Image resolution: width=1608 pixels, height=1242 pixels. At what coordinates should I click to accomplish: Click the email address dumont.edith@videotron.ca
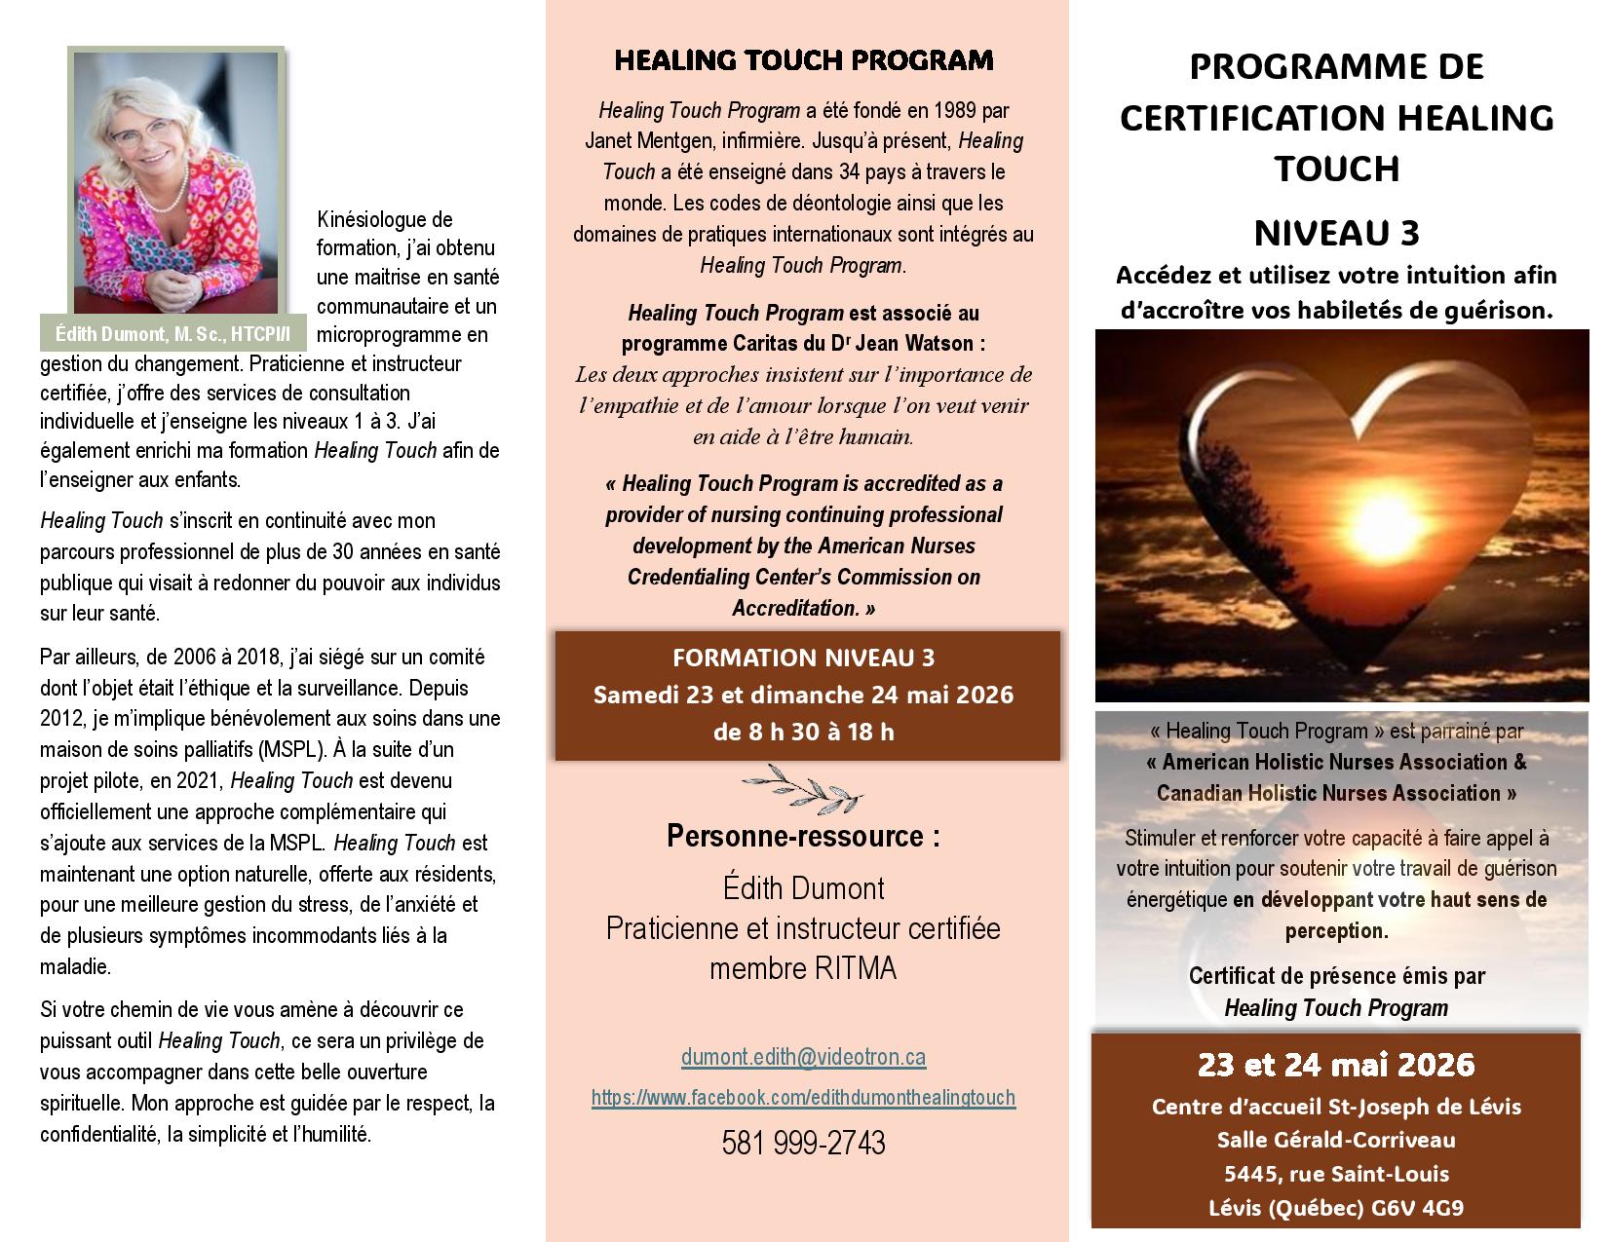(x=803, y=1057)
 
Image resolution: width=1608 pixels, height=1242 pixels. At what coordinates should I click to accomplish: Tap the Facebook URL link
(x=803, y=1098)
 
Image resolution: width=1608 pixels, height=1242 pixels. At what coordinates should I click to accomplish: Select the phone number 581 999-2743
(x=803, y=1143)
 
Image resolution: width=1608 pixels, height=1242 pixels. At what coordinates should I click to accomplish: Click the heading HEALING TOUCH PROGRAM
(x=804, y=60)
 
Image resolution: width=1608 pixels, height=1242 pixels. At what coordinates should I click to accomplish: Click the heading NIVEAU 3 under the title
(x=1336, y=234)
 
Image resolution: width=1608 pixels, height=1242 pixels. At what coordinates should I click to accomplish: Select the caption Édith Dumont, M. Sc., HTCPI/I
(x=173, y=334)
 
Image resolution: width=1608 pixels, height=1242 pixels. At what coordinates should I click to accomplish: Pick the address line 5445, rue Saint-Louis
(x=1336, y=1174)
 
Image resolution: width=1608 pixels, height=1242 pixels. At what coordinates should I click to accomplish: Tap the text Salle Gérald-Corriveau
(x=1336, y=1140)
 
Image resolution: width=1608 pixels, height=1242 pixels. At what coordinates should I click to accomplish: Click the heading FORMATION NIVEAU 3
(x=804, y=659)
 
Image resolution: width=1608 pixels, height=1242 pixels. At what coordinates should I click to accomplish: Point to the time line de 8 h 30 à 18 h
(x=804, y=732)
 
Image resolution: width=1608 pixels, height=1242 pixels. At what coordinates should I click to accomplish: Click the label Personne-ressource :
(x=803, y=836)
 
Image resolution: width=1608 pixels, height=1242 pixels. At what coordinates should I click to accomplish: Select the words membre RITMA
(x=803, y=968)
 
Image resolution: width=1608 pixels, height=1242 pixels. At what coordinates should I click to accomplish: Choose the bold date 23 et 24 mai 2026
(x=1336, y=1065)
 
